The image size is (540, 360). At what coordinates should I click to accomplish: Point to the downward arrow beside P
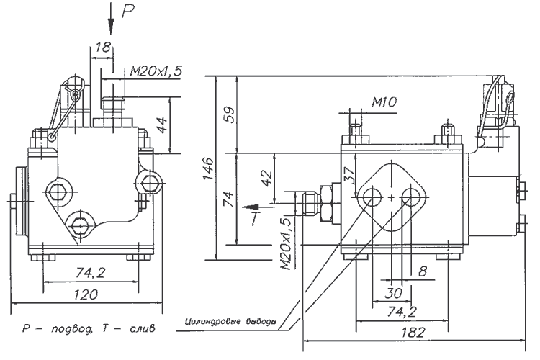tap(110, 19)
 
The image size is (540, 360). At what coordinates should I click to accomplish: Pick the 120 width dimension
tap(88, 294)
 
